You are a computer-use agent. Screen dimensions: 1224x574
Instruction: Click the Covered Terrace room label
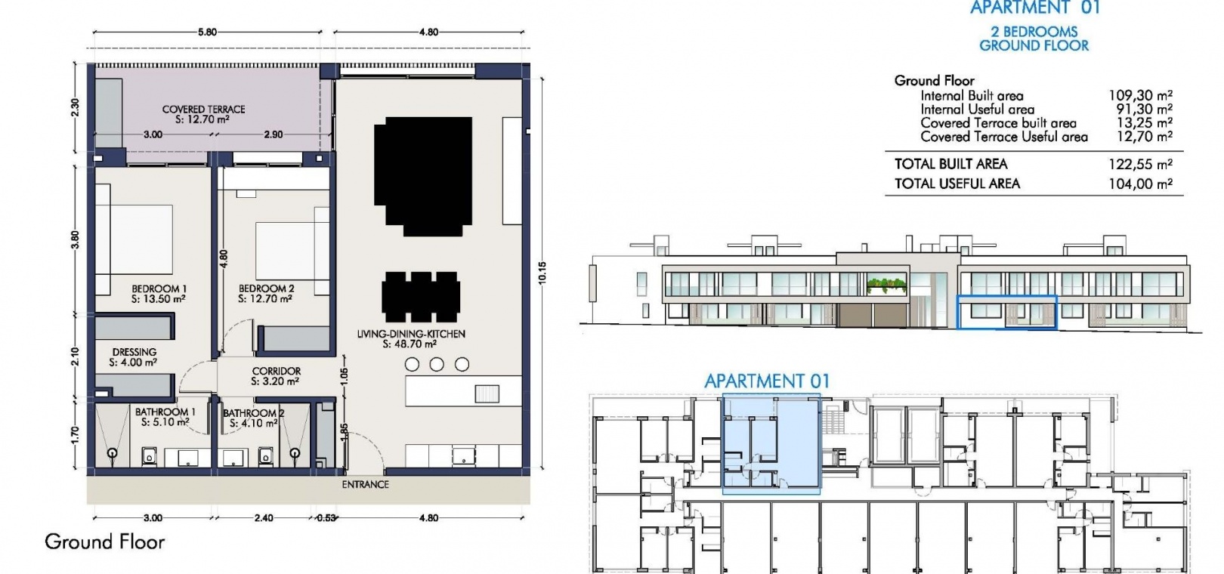(203, 110)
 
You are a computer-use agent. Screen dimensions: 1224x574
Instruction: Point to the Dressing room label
(134, 352)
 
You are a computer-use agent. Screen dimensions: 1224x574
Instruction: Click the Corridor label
(276, 371)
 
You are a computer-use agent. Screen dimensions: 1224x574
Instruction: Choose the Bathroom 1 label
(165, 412)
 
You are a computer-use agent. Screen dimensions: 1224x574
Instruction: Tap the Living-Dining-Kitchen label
(411, 334)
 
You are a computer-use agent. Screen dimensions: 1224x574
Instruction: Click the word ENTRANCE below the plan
(365, 484)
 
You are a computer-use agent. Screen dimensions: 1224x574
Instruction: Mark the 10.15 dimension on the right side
(542, 273)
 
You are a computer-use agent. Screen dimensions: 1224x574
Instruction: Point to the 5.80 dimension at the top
(207, 32)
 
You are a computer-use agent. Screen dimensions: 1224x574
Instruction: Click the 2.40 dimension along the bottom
(264, 518)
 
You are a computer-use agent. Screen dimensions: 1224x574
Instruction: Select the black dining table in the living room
(421, 297)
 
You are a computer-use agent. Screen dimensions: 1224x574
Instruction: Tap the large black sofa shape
(423, 176)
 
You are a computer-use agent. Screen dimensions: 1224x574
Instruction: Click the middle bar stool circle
(437, 364)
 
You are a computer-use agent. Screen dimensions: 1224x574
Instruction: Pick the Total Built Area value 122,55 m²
(1140, 165)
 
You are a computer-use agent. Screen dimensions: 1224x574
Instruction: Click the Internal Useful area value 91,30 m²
(1144, 110)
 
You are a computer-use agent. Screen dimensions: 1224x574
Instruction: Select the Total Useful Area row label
(957, 184)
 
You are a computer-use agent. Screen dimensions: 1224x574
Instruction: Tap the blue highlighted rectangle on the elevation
(1006, 297)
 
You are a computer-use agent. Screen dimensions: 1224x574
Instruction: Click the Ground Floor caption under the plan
(104, 542)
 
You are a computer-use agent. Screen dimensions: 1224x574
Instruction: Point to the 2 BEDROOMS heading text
(1034, 32)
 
